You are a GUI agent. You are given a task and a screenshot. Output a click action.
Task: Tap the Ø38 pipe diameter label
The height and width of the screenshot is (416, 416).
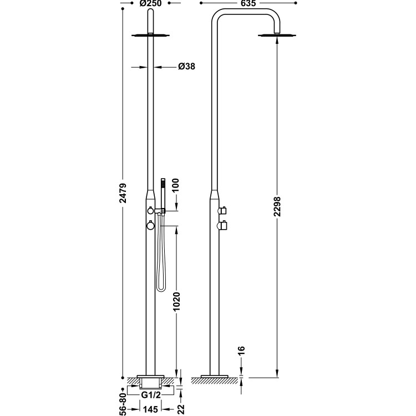pos(186,67)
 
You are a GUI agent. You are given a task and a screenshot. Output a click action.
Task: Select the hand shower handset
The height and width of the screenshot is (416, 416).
pos(163,192)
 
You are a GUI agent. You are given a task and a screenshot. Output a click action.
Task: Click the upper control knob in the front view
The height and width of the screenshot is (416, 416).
pos(150,210)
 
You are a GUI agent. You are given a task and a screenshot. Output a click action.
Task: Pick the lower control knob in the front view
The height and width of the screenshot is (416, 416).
pos(150,225)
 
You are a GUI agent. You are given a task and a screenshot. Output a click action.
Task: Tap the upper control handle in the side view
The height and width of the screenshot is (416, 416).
pos(224,210)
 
